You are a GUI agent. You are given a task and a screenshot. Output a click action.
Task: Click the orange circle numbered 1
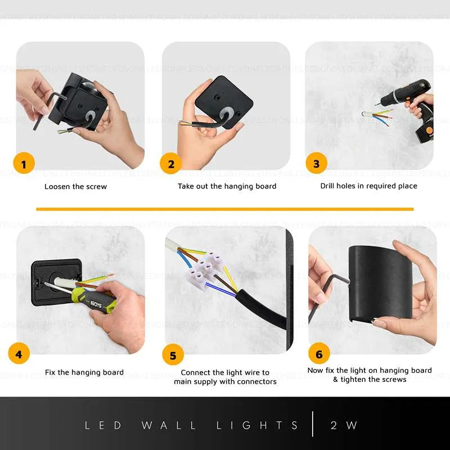click(24, 164)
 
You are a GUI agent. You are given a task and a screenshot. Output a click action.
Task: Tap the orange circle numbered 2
click(170, 164)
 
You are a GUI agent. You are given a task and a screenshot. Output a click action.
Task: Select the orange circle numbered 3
click(316, 164)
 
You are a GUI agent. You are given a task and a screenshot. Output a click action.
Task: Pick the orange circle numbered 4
click(19, 354)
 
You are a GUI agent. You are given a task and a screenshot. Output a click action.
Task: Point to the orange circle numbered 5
click(173, 355)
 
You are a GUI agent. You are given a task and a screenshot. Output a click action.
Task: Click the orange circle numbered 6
click(319, 354)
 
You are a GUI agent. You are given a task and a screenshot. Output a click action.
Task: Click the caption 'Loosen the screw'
click(75, 186)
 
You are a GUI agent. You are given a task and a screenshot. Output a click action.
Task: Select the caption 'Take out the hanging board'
click(227, 186)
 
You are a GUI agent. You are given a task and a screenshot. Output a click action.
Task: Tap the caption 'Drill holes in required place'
click(368, 186)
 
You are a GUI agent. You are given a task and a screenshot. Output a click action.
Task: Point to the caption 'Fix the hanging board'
click(84, 372)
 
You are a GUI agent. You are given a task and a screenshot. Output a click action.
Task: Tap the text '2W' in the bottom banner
click(344, 425)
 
